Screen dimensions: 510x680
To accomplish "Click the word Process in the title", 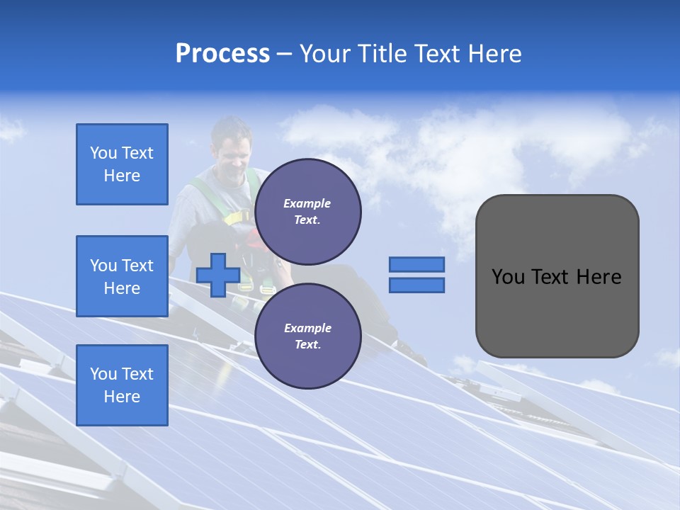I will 222,54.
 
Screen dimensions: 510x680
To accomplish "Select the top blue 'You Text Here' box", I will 122,164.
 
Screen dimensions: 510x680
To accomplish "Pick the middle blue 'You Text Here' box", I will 122,276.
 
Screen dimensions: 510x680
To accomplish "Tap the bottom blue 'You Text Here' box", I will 122,385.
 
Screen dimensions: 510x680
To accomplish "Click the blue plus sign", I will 218,276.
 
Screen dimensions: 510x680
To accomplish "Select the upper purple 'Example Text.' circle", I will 307,211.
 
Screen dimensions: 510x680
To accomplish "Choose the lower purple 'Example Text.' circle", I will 307,336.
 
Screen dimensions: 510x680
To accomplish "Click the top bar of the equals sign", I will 416,264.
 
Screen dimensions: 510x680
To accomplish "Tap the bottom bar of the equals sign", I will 416,285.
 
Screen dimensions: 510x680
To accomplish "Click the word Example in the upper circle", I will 307,203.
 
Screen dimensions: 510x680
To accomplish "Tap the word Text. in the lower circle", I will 307,345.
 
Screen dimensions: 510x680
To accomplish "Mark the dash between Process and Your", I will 284,54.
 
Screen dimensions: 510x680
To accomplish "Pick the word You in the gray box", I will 508,277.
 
